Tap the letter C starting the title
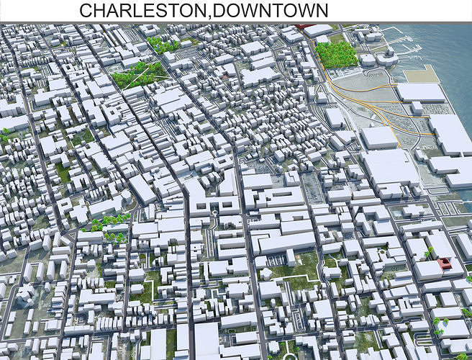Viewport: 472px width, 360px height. click(x=86, y=10)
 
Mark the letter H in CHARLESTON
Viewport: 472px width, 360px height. click(x=100, y=10)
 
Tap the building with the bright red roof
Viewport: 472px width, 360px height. click(x=445, y=264)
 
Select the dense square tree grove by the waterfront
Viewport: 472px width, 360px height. click(x=336, y=55)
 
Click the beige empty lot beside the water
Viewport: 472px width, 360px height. click(x=421, y=74)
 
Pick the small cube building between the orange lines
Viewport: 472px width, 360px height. click(x=417, y=107)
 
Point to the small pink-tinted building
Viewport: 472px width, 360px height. click(x=224, y=76)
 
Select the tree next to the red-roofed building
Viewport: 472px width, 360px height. click(x=430, y=253)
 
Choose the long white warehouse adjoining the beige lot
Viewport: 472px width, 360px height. click(x=421, y=91)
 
